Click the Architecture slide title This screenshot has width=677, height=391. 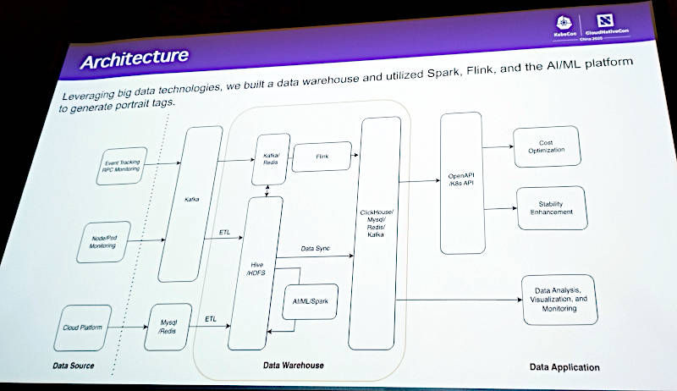[x=135, y=60]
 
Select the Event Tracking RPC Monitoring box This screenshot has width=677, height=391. [x=122, y=166]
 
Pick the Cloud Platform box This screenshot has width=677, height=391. [x=82, y=328]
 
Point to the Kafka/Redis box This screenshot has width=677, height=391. [x=271, y=159]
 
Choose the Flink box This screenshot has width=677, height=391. [x=322, y=157]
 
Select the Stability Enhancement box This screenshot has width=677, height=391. [x=550, y=208]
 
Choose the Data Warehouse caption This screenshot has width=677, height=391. [x=290, y=366]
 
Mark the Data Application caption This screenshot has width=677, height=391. [x=564, y=367]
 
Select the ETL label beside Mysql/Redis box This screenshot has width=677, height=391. [x=212, y=320]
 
